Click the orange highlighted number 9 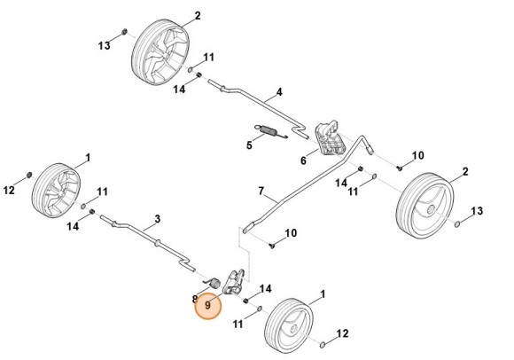pyautogui.click(x=208, y=305)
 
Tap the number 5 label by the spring pyautogui.click(x=249, y=144)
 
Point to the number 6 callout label pyautogui.click(x=302, y=160)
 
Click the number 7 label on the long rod pyautogui.click(x=261, y=192)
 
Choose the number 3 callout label pyautogui.click(x=157, y=218)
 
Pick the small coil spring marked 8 pyautogui.click(x=213, y=282)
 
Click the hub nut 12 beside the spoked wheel pyautogui.click(x=29, y=174)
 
